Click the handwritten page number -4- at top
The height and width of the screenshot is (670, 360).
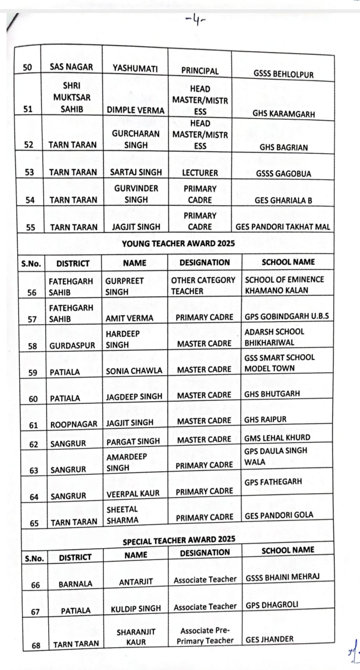[x=196, y=21]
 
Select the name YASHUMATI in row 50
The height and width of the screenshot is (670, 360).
[x=135, y=69]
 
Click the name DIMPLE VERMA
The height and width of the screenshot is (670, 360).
[x=136, y=110]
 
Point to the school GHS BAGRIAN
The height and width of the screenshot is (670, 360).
[x=283, y=147]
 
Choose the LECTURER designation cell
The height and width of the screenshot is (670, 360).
[x=200, y=173]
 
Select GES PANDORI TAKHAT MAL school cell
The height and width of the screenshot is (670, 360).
[x=283, y=227]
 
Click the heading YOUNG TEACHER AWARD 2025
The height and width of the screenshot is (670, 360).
[x=178, y=244]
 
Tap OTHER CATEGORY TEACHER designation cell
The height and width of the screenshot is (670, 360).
[x=203, y=285]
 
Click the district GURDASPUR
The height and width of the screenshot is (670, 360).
[x=72, y=346]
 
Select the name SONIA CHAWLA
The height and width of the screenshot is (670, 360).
[x=134, y=371]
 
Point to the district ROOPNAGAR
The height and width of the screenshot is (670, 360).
[x=74, y=424]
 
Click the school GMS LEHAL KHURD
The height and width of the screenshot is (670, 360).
[x=277, y=438]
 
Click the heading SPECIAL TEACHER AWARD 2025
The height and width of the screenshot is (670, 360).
[x=179, y=540]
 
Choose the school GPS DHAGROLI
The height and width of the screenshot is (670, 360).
[x=271, y=605]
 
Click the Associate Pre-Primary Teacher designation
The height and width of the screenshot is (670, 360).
[x=205, y=636]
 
